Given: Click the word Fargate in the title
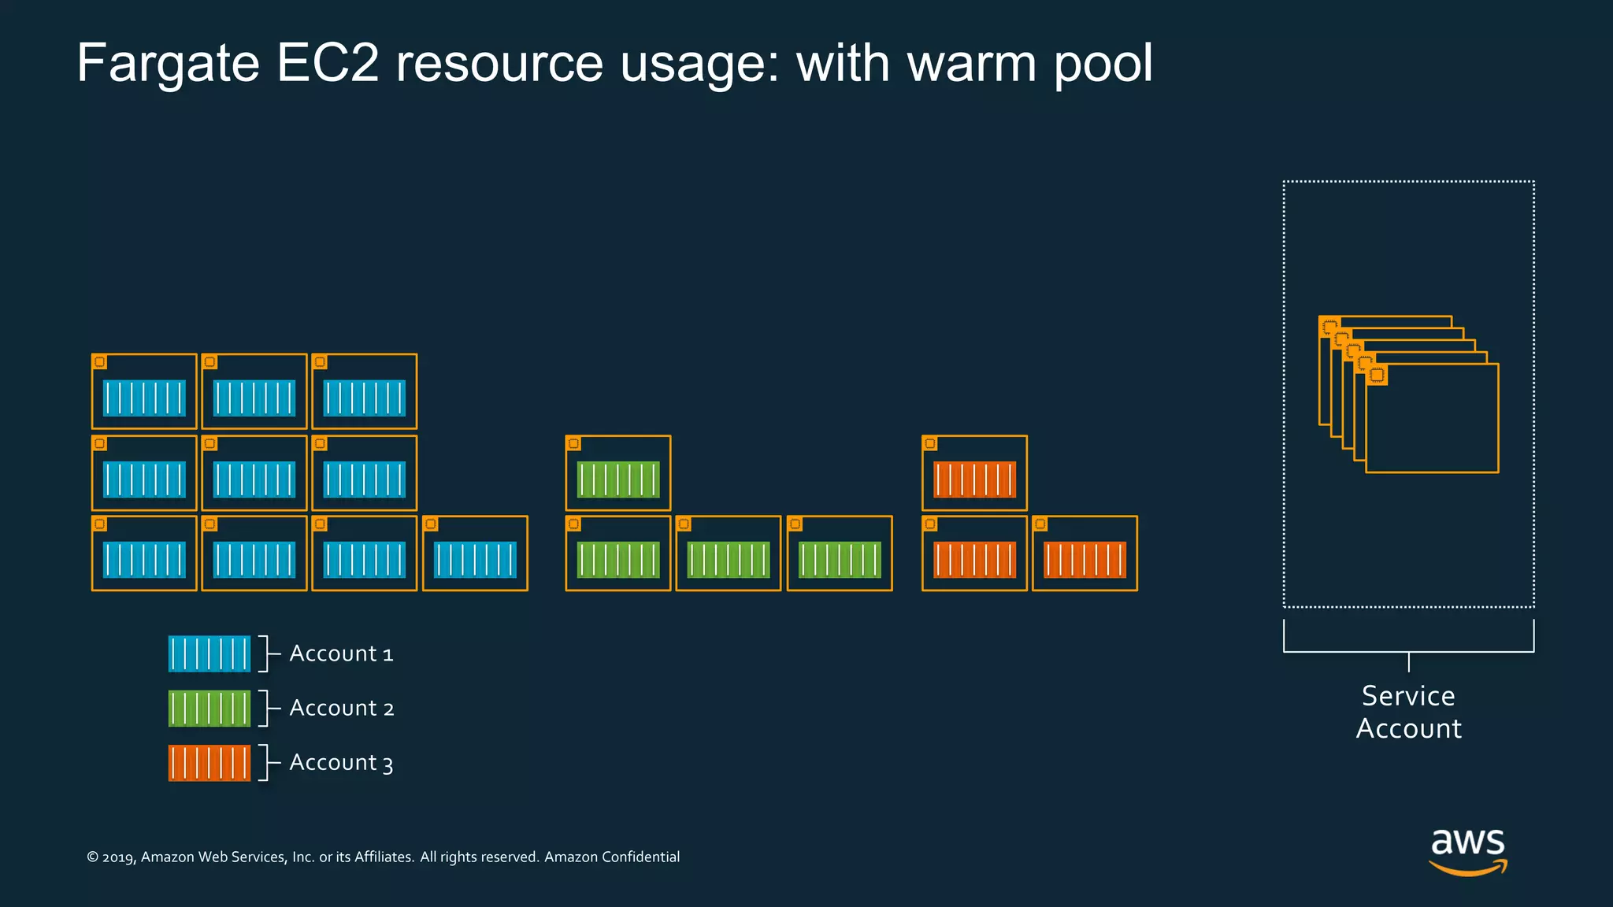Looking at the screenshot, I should (168, 64).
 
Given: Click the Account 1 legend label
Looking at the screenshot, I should (341, 653).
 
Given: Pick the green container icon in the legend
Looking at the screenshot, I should (209, 709).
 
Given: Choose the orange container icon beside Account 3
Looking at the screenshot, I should (209, 763).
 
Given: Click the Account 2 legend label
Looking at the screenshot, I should (341, 708).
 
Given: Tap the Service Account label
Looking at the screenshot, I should (1408, 712).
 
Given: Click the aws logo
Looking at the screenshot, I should (1467, 850).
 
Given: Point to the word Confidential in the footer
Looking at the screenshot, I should (640, 857).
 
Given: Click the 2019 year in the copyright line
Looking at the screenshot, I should (118, 857).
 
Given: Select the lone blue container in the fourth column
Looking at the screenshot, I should (475, 560).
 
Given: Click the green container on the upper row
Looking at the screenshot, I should (618, 479).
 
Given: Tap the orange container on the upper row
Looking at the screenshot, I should (974, 479).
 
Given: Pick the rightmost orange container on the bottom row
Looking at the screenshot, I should (1085, 560).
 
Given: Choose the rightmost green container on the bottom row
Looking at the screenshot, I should (840, 560).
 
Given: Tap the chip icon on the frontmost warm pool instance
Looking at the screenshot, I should (1377, 375).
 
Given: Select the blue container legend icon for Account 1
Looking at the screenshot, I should (209, 653).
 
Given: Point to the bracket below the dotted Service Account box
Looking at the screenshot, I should (1408, 650).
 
